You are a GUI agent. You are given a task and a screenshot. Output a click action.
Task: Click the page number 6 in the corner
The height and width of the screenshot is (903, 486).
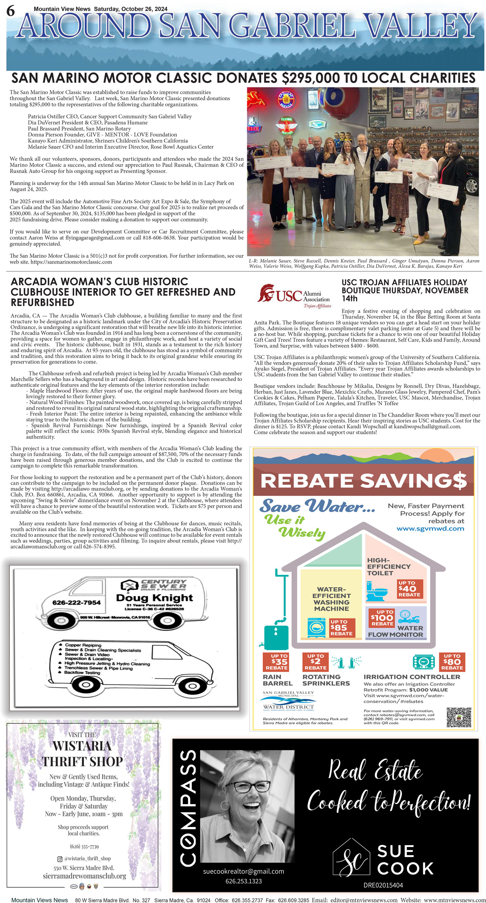pos(10,11)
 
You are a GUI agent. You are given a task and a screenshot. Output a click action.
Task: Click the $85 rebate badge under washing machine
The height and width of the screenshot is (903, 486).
pos(342,627)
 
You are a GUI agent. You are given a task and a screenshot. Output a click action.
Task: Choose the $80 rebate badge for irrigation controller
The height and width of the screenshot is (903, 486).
pos(452,662)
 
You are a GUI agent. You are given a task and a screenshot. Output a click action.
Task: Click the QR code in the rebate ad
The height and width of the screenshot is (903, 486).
pos(459,717)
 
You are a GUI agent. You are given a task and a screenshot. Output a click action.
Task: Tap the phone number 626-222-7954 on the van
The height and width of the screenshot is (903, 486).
pos(76,602)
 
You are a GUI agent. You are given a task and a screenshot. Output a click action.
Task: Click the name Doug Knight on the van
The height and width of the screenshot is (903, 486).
pos(154,598)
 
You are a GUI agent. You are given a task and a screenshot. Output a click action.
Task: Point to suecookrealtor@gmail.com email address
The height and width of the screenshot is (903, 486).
pos(243,872)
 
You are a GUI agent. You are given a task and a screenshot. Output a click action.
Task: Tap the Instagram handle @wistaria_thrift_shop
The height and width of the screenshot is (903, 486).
pos(87,858)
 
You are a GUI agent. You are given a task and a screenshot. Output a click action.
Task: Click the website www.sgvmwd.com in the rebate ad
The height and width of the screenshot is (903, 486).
pos(430,529)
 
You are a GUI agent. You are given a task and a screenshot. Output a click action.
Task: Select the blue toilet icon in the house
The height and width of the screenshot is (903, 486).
pos(377,591)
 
